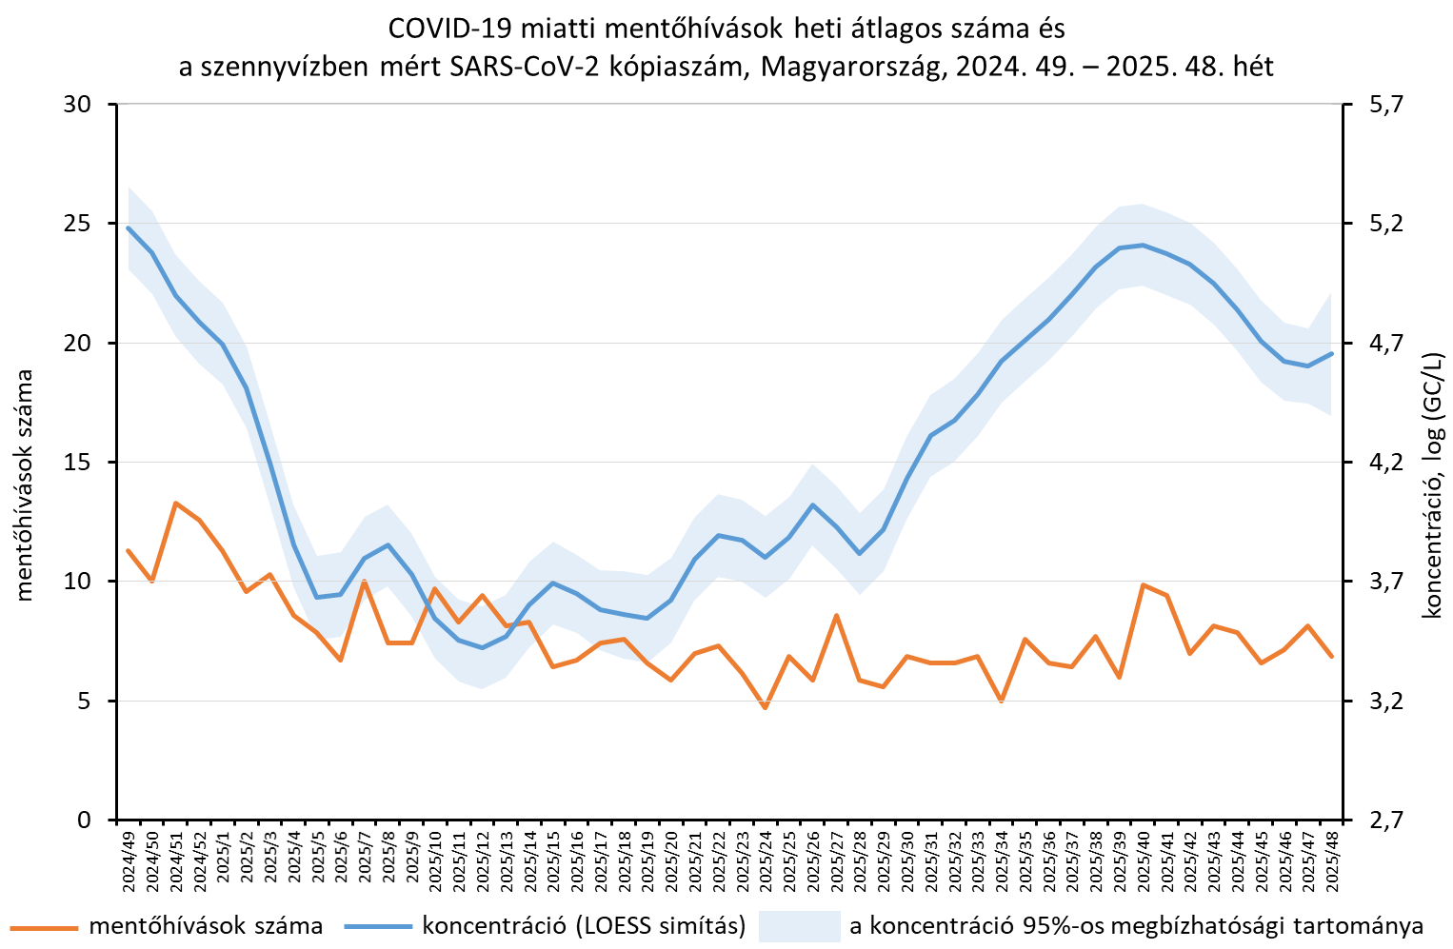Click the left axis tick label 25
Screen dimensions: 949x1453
click(77, 224)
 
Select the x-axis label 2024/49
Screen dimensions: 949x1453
click(129, 860)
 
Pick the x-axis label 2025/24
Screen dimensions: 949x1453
click(765, 860)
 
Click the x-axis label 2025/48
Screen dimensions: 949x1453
click(1332, 860)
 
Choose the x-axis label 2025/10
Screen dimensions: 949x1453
click(435, 860)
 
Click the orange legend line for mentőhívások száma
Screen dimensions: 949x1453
click(43, 926)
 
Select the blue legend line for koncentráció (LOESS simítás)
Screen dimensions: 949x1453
click(378, 926)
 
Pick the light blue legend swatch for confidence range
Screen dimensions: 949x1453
click(799, 926)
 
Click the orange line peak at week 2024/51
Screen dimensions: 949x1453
click(176, 503)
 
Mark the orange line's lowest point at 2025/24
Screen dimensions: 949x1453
click(765, 707)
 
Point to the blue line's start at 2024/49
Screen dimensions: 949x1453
click(129, 227)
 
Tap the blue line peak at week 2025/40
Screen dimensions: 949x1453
click(1143, 245)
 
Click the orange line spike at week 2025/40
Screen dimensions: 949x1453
click(1143, 584)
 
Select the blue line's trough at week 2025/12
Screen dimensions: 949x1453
click(483, 647)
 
